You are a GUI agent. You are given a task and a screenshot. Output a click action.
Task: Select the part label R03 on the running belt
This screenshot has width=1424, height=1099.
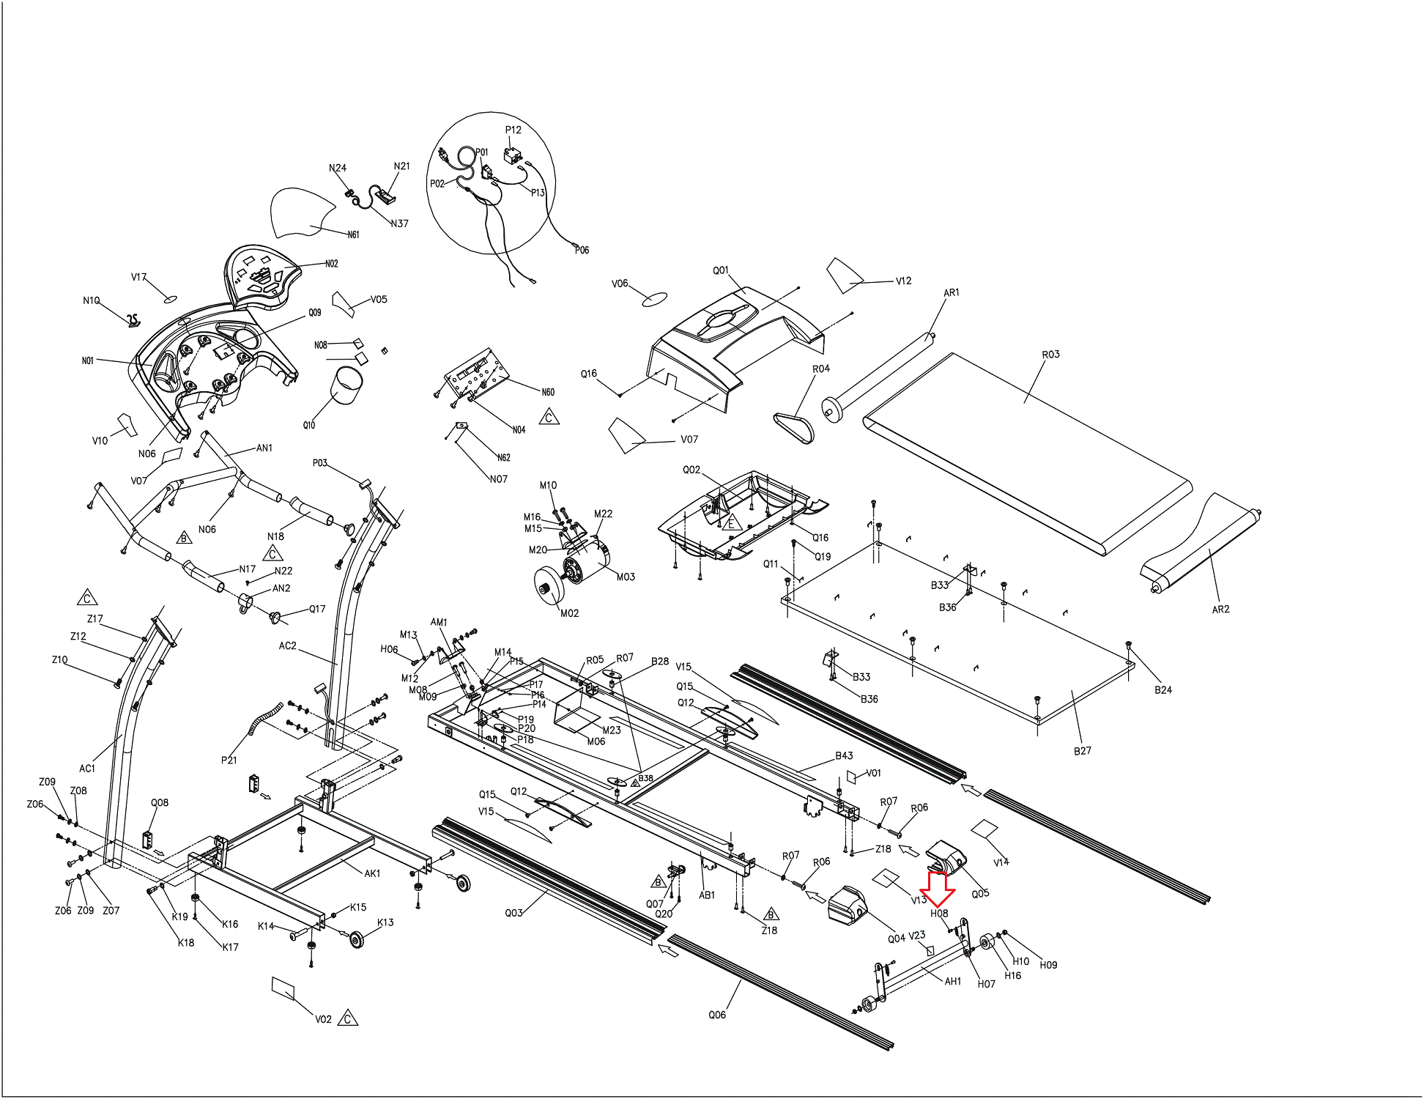pos(1050,355)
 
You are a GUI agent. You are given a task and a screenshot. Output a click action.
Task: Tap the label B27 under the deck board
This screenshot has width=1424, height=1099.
pos(1082,751)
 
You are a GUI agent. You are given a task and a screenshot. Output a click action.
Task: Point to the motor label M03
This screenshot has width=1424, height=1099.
pos(626,577)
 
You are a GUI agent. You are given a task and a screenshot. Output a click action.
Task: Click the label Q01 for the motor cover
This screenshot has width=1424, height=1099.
pos(721,270)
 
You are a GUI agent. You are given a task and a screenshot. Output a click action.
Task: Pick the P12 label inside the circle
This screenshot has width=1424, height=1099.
pos(513,130)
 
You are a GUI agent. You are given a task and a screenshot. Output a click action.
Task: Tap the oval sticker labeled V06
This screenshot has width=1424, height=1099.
pos(654,298)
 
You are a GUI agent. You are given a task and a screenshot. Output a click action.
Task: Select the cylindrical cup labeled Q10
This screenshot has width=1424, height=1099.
pos(347,385)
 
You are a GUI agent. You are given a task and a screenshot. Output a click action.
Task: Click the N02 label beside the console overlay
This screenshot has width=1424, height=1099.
pos(331,264)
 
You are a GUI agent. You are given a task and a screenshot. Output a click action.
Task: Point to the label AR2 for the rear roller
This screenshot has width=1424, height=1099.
pos(1220,610)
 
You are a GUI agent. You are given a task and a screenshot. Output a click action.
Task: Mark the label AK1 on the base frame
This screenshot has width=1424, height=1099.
pos(372,873)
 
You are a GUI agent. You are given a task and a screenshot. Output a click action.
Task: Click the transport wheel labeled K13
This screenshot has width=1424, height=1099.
pos(357,939)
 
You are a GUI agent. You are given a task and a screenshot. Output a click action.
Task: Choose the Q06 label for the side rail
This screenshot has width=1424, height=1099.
pos(717,1015)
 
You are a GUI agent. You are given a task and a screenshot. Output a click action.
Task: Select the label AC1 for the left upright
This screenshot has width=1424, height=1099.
pos(87,769)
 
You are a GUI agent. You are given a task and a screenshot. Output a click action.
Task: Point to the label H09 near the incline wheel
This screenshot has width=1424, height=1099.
pos(1048,965)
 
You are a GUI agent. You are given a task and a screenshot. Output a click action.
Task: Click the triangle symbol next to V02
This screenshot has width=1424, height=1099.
pos(348,1018)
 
